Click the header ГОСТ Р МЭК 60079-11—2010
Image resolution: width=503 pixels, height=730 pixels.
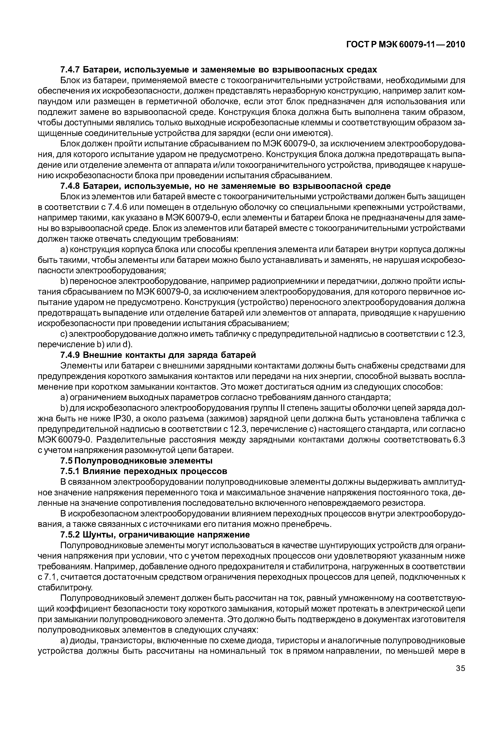coord(406,45)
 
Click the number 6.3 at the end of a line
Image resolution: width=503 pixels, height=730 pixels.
coord(459,440)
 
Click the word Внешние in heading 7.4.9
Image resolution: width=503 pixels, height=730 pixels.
coord(102,355)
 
